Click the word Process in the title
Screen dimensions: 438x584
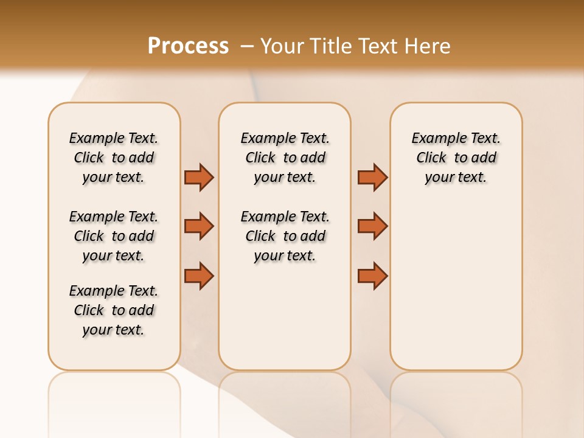[x=188, y=46]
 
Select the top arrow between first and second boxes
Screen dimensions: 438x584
[x=199, y=177]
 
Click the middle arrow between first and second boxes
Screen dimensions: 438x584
[x=199, y=226]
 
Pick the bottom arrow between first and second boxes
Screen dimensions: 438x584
[x=199, y=276]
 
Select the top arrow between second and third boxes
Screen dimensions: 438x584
[x=372, y=177]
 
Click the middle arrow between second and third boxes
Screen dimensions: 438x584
[x=372, y=226]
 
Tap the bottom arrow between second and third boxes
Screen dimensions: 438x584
[x=372, y=276]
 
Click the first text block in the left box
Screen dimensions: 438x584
[x=114, y=158]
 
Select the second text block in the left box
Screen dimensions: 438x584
[x=114, y=236]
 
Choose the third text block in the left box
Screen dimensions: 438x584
[x=114, y=310]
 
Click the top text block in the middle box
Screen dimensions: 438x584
[x=285, y=158]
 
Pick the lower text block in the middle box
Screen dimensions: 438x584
[x=285, y=236]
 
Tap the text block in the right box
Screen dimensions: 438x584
[x=456, y=158]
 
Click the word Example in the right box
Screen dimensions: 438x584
[x=434, y=138]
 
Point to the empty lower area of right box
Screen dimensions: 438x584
[x=456, y=286]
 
